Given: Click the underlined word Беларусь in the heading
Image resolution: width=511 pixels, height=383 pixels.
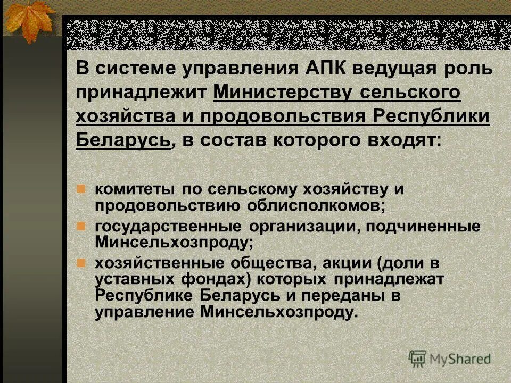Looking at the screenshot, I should click(x=124, y=139).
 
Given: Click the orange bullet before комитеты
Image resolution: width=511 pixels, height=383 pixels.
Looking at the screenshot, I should click(x=81, y=189).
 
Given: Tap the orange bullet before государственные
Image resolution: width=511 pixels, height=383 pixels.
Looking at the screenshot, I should click(x=81, y=226).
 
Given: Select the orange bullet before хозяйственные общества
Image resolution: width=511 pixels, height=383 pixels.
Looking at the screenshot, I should click(x=81, y=262).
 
